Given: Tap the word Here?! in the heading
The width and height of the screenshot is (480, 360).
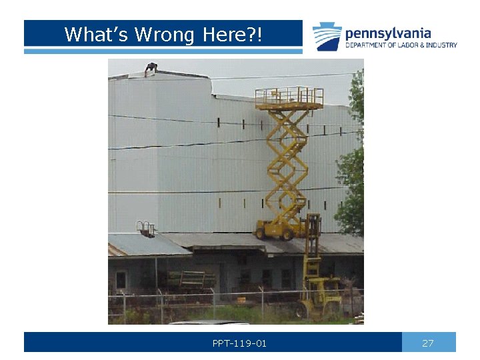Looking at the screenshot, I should (x=227, y=34).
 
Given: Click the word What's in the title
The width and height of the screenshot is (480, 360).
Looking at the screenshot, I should (x=97, y=34).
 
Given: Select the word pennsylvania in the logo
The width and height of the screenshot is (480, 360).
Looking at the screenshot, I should (x=388, y=33).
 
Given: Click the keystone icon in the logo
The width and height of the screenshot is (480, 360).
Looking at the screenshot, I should (x=327, y=36).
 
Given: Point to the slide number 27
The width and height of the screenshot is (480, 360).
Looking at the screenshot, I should (x=428, y=343).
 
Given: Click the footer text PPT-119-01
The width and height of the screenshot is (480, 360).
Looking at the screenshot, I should (x=239, y=343).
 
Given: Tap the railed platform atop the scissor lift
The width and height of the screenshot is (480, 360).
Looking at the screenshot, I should (x=289, y=97).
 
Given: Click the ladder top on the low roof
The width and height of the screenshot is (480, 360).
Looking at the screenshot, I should (x=145, y=228).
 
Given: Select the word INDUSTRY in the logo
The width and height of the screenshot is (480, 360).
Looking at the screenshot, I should (x=441, y=45).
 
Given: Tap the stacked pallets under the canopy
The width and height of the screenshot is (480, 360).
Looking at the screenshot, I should (x=189, y=278).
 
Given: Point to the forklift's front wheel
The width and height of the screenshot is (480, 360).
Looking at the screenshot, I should (x=302, y=309).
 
